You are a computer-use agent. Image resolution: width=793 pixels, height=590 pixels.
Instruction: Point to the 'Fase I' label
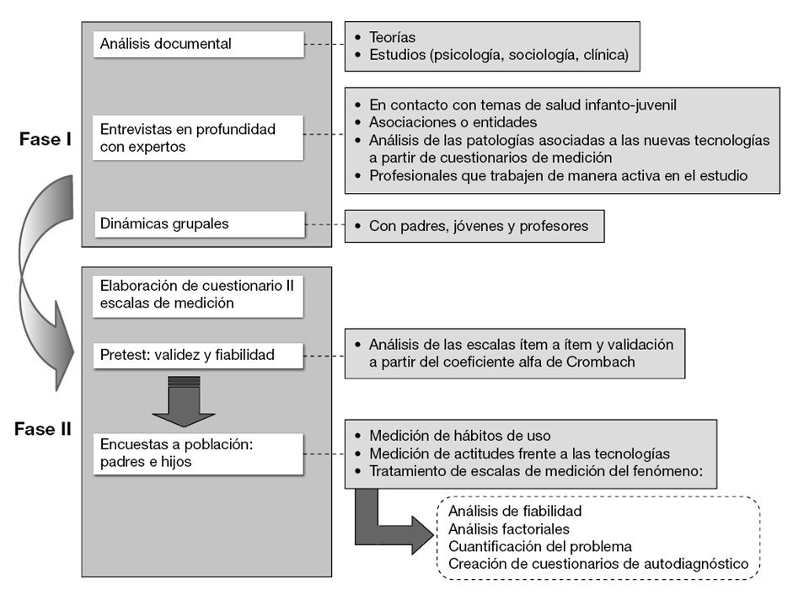point(45,139)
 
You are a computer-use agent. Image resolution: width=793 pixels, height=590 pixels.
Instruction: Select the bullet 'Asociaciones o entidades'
point(453,122)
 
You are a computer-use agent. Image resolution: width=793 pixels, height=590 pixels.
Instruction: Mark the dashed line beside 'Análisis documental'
point(324,44)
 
